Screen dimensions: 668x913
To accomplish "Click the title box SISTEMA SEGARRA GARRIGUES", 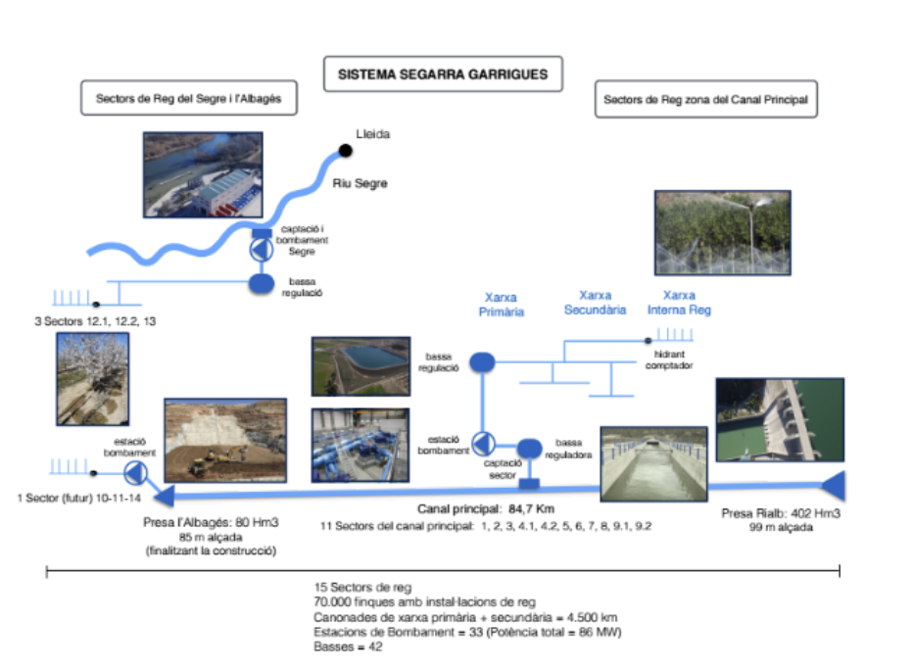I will tap(443, 73).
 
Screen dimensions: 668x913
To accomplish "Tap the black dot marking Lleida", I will tap(345, 150).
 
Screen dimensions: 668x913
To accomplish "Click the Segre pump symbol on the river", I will tap(261, 249).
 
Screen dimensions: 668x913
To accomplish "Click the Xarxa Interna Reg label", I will tap(679, 302).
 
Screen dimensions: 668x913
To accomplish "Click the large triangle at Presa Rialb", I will tap(832, 484).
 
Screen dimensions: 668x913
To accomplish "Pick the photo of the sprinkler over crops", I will tap(722, 231).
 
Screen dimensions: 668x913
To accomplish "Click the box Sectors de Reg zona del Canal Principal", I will tap(705, 100).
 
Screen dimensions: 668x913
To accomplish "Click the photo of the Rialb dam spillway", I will tap(779, 420).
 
